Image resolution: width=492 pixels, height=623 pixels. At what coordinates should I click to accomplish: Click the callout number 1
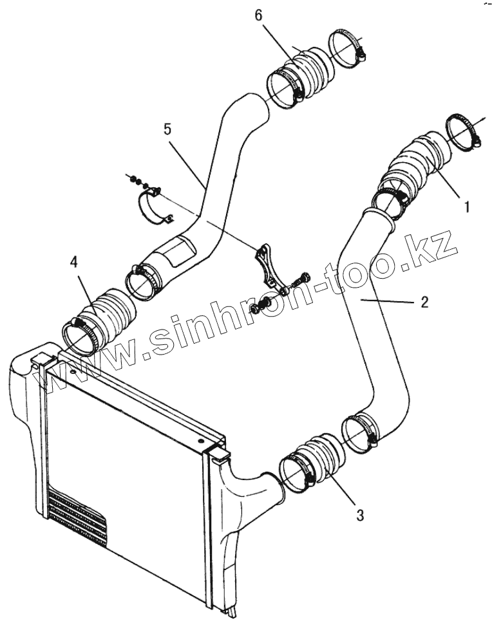(468, 207)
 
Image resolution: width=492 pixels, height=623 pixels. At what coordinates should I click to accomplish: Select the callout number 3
(360, 515)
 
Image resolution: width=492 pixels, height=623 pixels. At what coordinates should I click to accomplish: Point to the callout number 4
(74, 262)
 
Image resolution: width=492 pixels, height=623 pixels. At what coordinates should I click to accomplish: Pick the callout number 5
(167, 129)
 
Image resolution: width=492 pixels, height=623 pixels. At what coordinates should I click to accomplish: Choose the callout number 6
(259, 15)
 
